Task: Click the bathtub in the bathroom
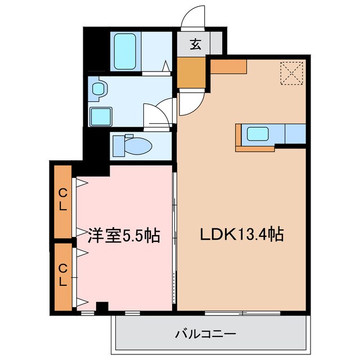(x=127, y=51)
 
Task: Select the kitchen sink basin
(x=258, y=134)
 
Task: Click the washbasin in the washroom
(x=100, y=88)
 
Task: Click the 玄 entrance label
(x=195, y=44)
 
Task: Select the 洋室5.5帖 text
(x=124, y=235)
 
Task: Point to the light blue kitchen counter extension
(x=295, y=134)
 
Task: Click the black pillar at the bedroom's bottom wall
(x=101, y=307)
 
